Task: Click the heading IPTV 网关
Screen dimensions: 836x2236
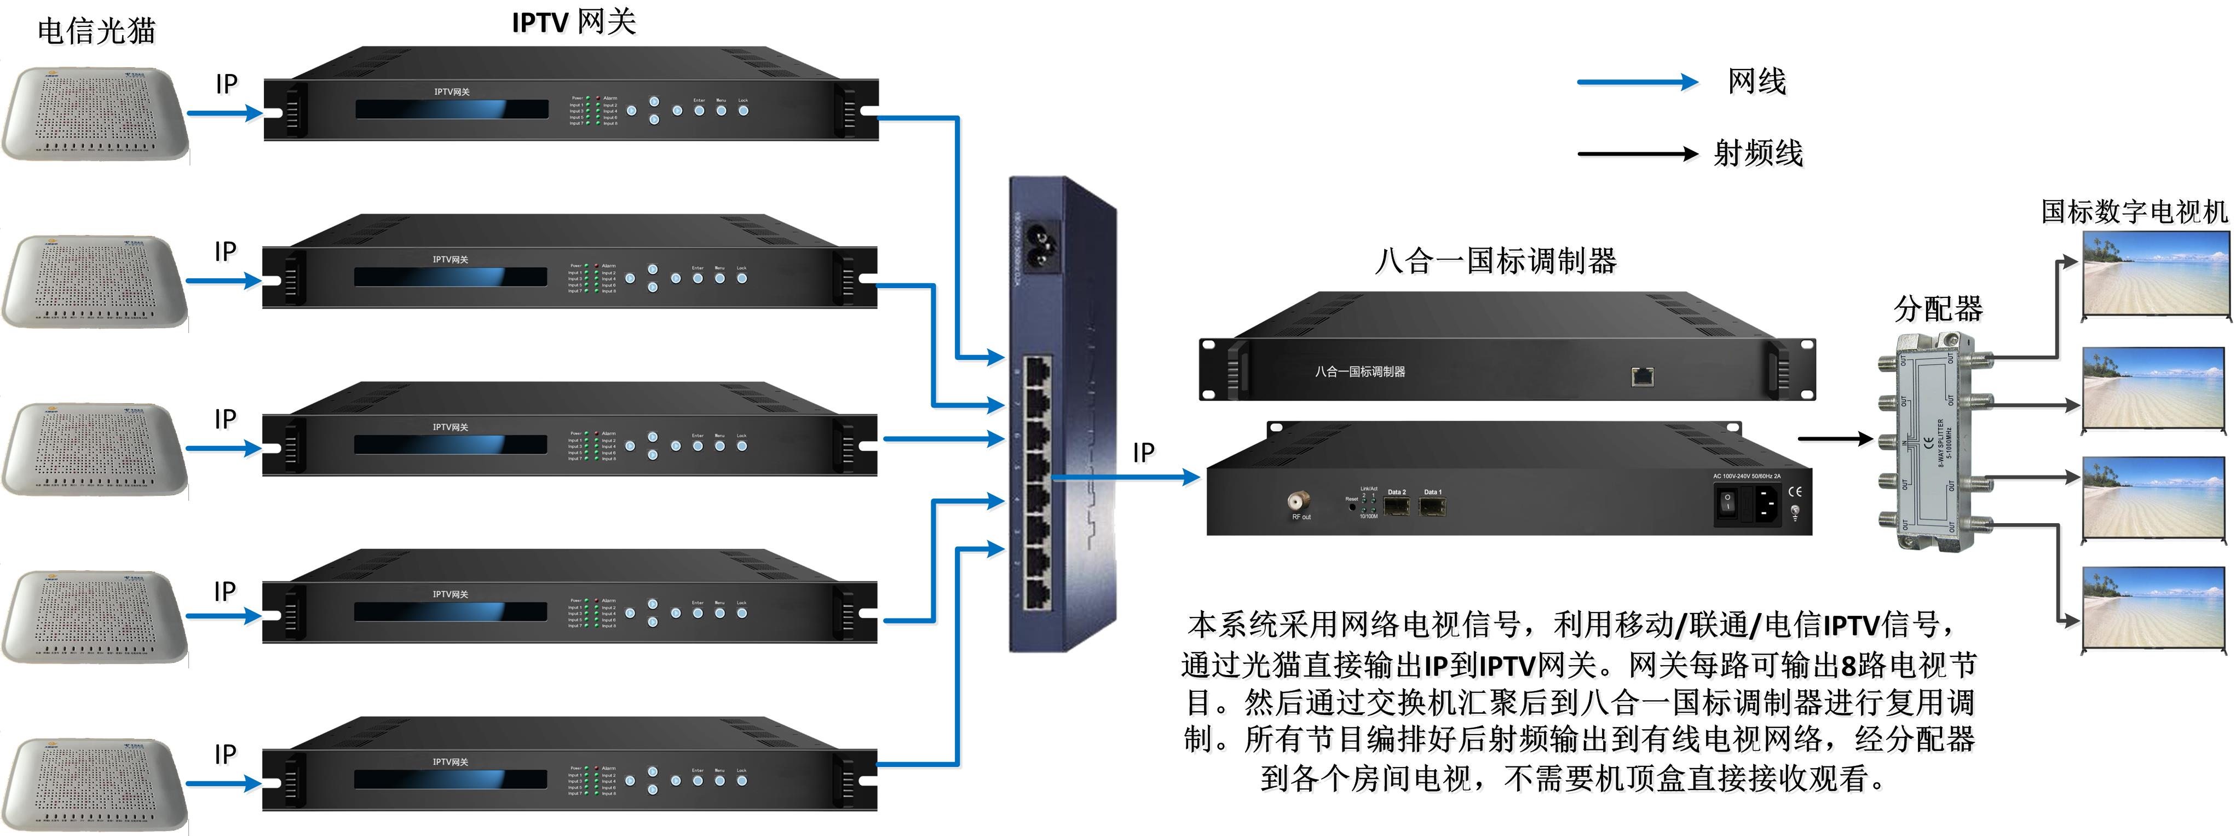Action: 574,22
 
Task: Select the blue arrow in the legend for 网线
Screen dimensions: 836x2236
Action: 1636,83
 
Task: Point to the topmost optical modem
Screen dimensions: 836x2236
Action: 95,113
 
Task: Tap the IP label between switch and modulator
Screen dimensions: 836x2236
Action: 1143,453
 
